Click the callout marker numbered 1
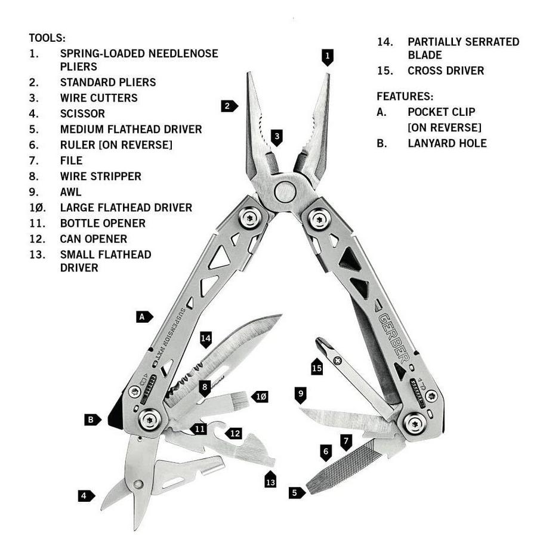coord(327,57)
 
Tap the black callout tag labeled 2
coord(228,107)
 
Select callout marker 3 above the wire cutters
coord(276,137)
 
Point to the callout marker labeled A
coord(144,317)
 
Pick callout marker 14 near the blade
coord(206,340)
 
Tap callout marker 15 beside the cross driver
coord(317,367)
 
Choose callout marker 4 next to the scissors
coord(86,495)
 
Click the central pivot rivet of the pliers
coord(285,192)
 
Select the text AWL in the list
coord(70,192)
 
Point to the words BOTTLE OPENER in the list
coord(103,223)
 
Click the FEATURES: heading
coord(405,96)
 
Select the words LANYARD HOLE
coord(447,143)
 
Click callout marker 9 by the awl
coord(301,394)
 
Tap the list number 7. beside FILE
coord(34,161)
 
